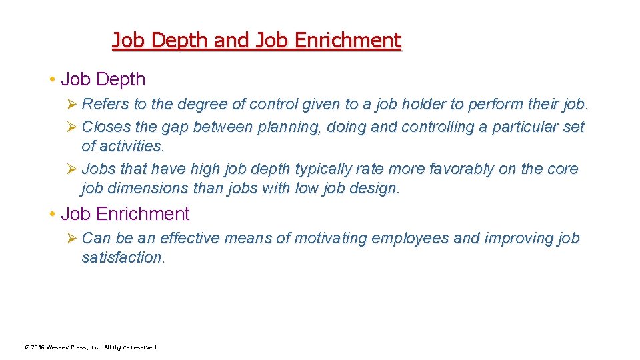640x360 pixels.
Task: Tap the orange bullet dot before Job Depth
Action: coord(51,80)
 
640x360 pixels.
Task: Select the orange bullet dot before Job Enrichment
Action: coord(51,215)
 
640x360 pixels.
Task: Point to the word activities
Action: coord(122,145)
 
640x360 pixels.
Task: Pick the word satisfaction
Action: coord(122,257)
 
